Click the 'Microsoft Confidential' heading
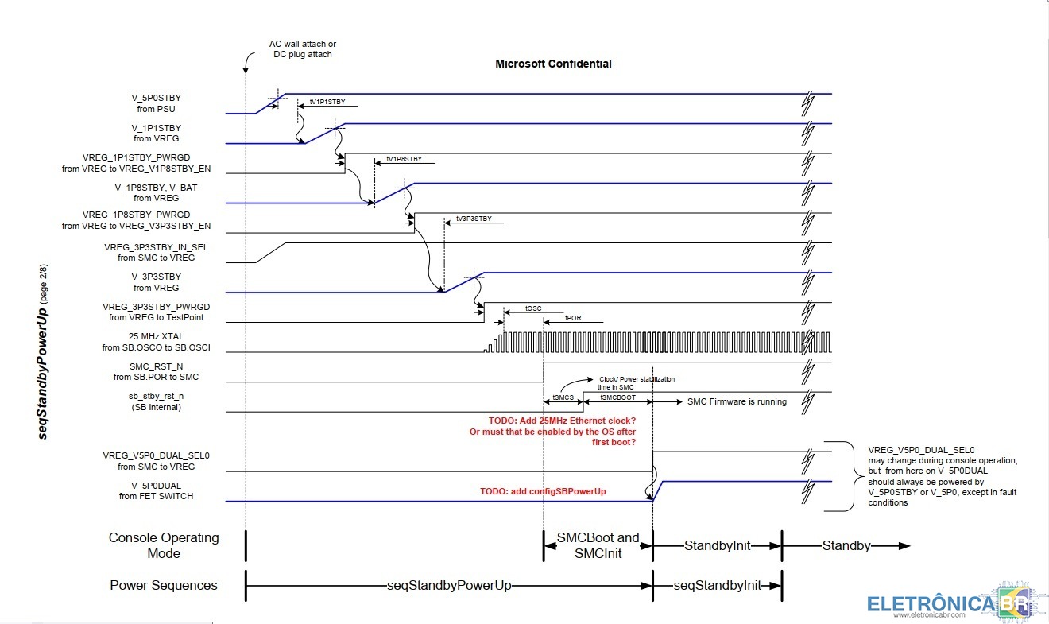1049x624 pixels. [x=553, y=64]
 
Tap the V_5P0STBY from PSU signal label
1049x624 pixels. [x=157, y=103]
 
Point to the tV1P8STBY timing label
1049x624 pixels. [x=404, y=160]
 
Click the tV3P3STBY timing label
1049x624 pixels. [x=473, y=219]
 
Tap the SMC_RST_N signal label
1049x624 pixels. [x=156, y=372]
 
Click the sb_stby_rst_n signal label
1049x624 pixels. [x=156, y=401]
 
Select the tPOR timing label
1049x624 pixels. [x=573, y=317]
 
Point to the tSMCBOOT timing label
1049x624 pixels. [x=617, y=397]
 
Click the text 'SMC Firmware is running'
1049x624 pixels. [x=737, y=401]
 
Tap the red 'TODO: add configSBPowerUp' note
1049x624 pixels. [x=543, y=491]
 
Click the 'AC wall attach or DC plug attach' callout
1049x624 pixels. [x=301, y=48]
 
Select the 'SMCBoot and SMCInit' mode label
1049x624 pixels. [x=598, y=545]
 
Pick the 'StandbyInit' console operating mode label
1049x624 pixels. [x=717, y=546]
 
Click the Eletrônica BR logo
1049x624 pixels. [x=950, y=604]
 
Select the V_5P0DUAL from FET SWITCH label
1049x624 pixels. [x=156, y=490]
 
